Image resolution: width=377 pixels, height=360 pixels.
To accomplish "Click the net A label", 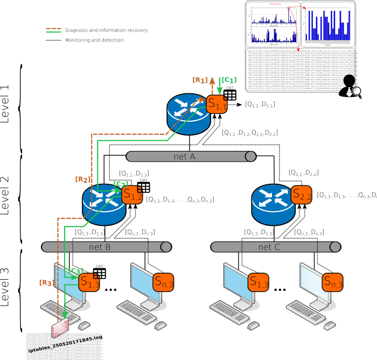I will [184, 156].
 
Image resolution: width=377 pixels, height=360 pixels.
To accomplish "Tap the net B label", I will [100, 247].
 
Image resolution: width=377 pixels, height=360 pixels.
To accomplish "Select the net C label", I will [269, 247].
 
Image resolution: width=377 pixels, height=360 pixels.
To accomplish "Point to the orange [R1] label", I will [200, 80].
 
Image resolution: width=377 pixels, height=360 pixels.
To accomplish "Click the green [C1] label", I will [229, 80].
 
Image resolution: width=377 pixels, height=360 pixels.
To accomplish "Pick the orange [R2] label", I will [83, 179].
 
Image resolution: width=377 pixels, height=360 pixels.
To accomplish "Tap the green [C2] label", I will [121, 184].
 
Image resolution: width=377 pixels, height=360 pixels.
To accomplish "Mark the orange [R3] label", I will [46, 282].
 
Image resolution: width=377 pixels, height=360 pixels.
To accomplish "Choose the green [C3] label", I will [75, 271].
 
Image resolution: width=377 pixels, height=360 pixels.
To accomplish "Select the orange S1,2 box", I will [132, 195].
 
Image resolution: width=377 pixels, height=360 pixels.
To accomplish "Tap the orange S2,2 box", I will [302, 195].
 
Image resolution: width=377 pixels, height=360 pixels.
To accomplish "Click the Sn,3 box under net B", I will [164, 282].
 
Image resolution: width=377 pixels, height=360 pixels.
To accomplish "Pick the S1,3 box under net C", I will [259, 282].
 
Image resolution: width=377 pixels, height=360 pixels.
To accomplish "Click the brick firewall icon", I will [60, 328].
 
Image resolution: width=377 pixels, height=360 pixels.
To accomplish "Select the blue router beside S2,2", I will [273, 204].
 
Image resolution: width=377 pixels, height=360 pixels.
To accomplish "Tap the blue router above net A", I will [188, 114].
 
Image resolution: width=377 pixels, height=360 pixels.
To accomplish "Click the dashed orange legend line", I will [53, 29].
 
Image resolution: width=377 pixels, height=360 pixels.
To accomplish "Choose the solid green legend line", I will [53, 32].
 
